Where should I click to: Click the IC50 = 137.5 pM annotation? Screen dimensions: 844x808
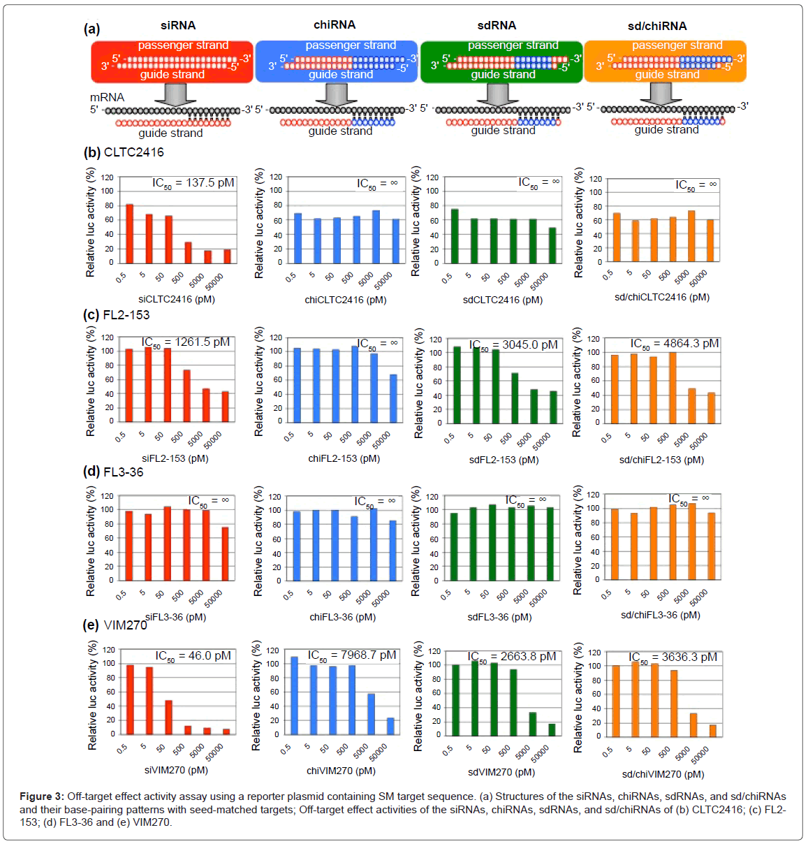(x=193, y=183)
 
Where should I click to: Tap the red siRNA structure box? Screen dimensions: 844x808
(x=172, y=61)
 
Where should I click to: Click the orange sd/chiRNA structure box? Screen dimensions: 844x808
(x=665, y=61)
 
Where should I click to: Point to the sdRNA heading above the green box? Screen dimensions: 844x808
(x=497, y=26)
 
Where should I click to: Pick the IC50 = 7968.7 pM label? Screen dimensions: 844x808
(x=352, y=655)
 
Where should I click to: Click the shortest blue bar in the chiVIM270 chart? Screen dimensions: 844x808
(x=390, y=726)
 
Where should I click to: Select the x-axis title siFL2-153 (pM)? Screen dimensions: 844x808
(x=175, y=458)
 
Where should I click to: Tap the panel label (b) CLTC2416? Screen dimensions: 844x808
(x=124, y=152)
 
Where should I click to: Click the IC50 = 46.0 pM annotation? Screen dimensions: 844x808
(x=193, y=656)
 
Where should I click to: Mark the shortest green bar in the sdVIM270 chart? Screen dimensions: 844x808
(x=552, y=729)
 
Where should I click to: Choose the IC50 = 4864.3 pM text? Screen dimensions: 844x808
(x=675, y=344)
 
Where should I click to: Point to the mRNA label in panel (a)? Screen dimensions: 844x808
(x=107, y=97)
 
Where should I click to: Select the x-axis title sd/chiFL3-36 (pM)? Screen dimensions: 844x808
(x=661, y=615)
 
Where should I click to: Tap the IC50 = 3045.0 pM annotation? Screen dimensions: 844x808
(x=513, y=345)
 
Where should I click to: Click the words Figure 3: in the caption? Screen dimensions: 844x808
(x=41, y=796)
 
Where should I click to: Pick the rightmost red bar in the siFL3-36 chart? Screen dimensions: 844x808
(x=225, y=554)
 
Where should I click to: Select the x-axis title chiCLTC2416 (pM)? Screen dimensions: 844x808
(x=346, y=300)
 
